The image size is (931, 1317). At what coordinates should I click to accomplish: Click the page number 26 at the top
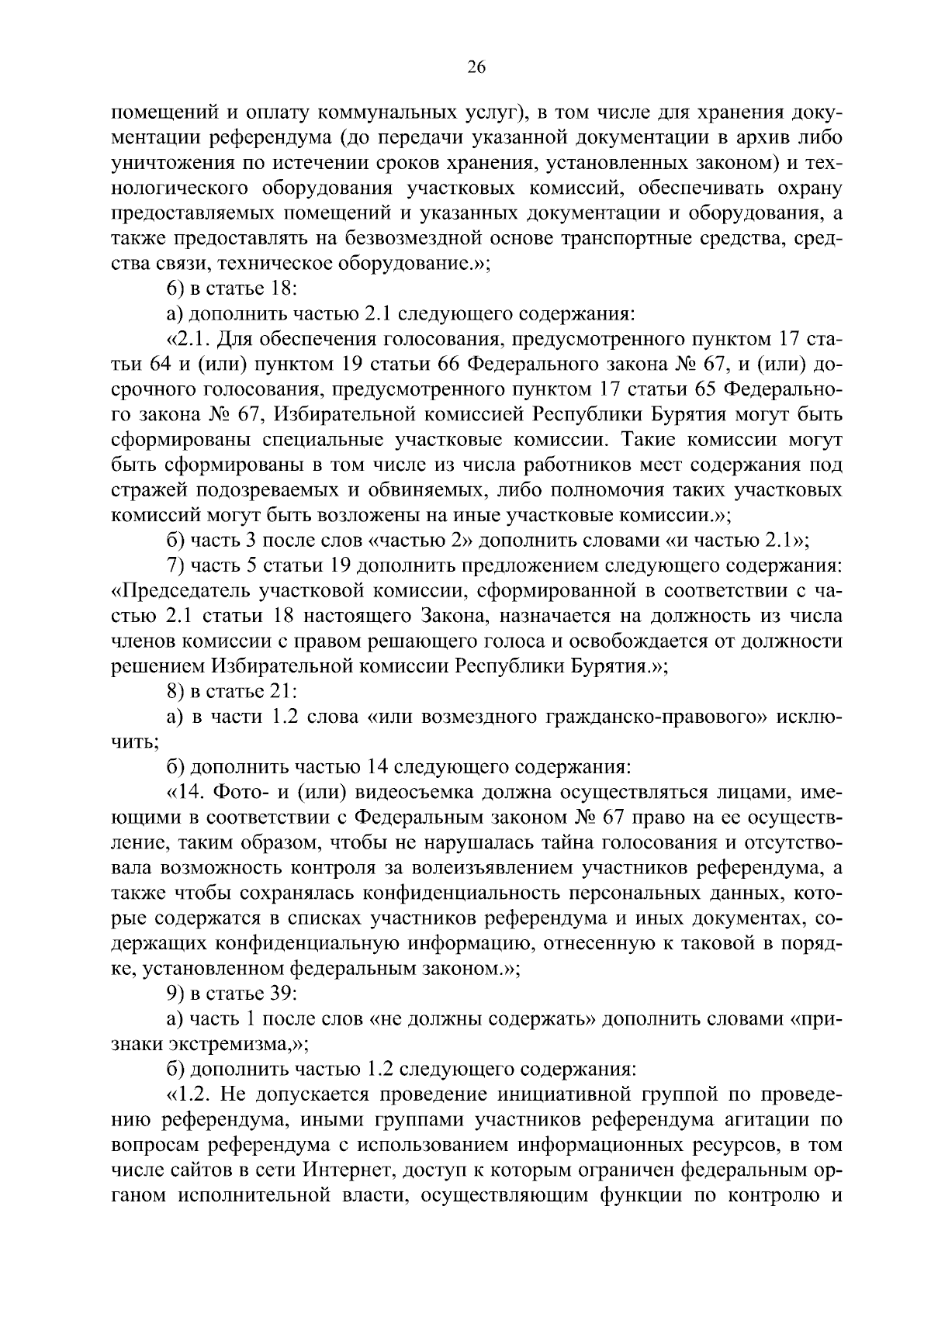476,68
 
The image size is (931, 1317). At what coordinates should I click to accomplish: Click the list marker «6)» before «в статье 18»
177,289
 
